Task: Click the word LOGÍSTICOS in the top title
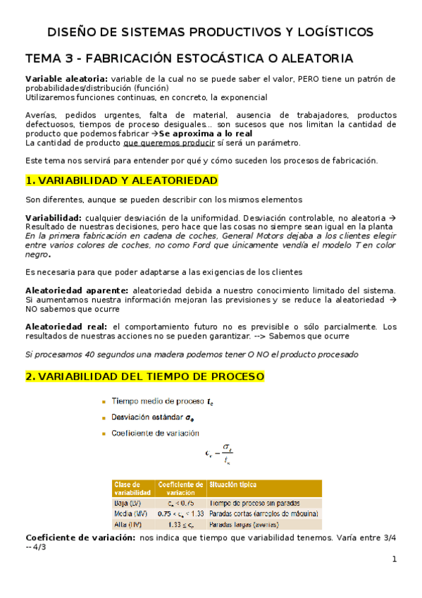tap(332, 32)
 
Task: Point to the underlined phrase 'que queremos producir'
tap(163, 142)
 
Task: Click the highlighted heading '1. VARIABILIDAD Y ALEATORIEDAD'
tap(121, 181)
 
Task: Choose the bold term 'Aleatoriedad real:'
tap(66, 327)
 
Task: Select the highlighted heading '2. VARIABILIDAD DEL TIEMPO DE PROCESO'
tap(144, 377)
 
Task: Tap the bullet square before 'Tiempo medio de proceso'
tap(104, 402)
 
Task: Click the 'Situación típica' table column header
tap(232, 485)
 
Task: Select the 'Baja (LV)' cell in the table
tap(127, 503)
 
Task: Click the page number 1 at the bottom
tap(395, 561)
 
